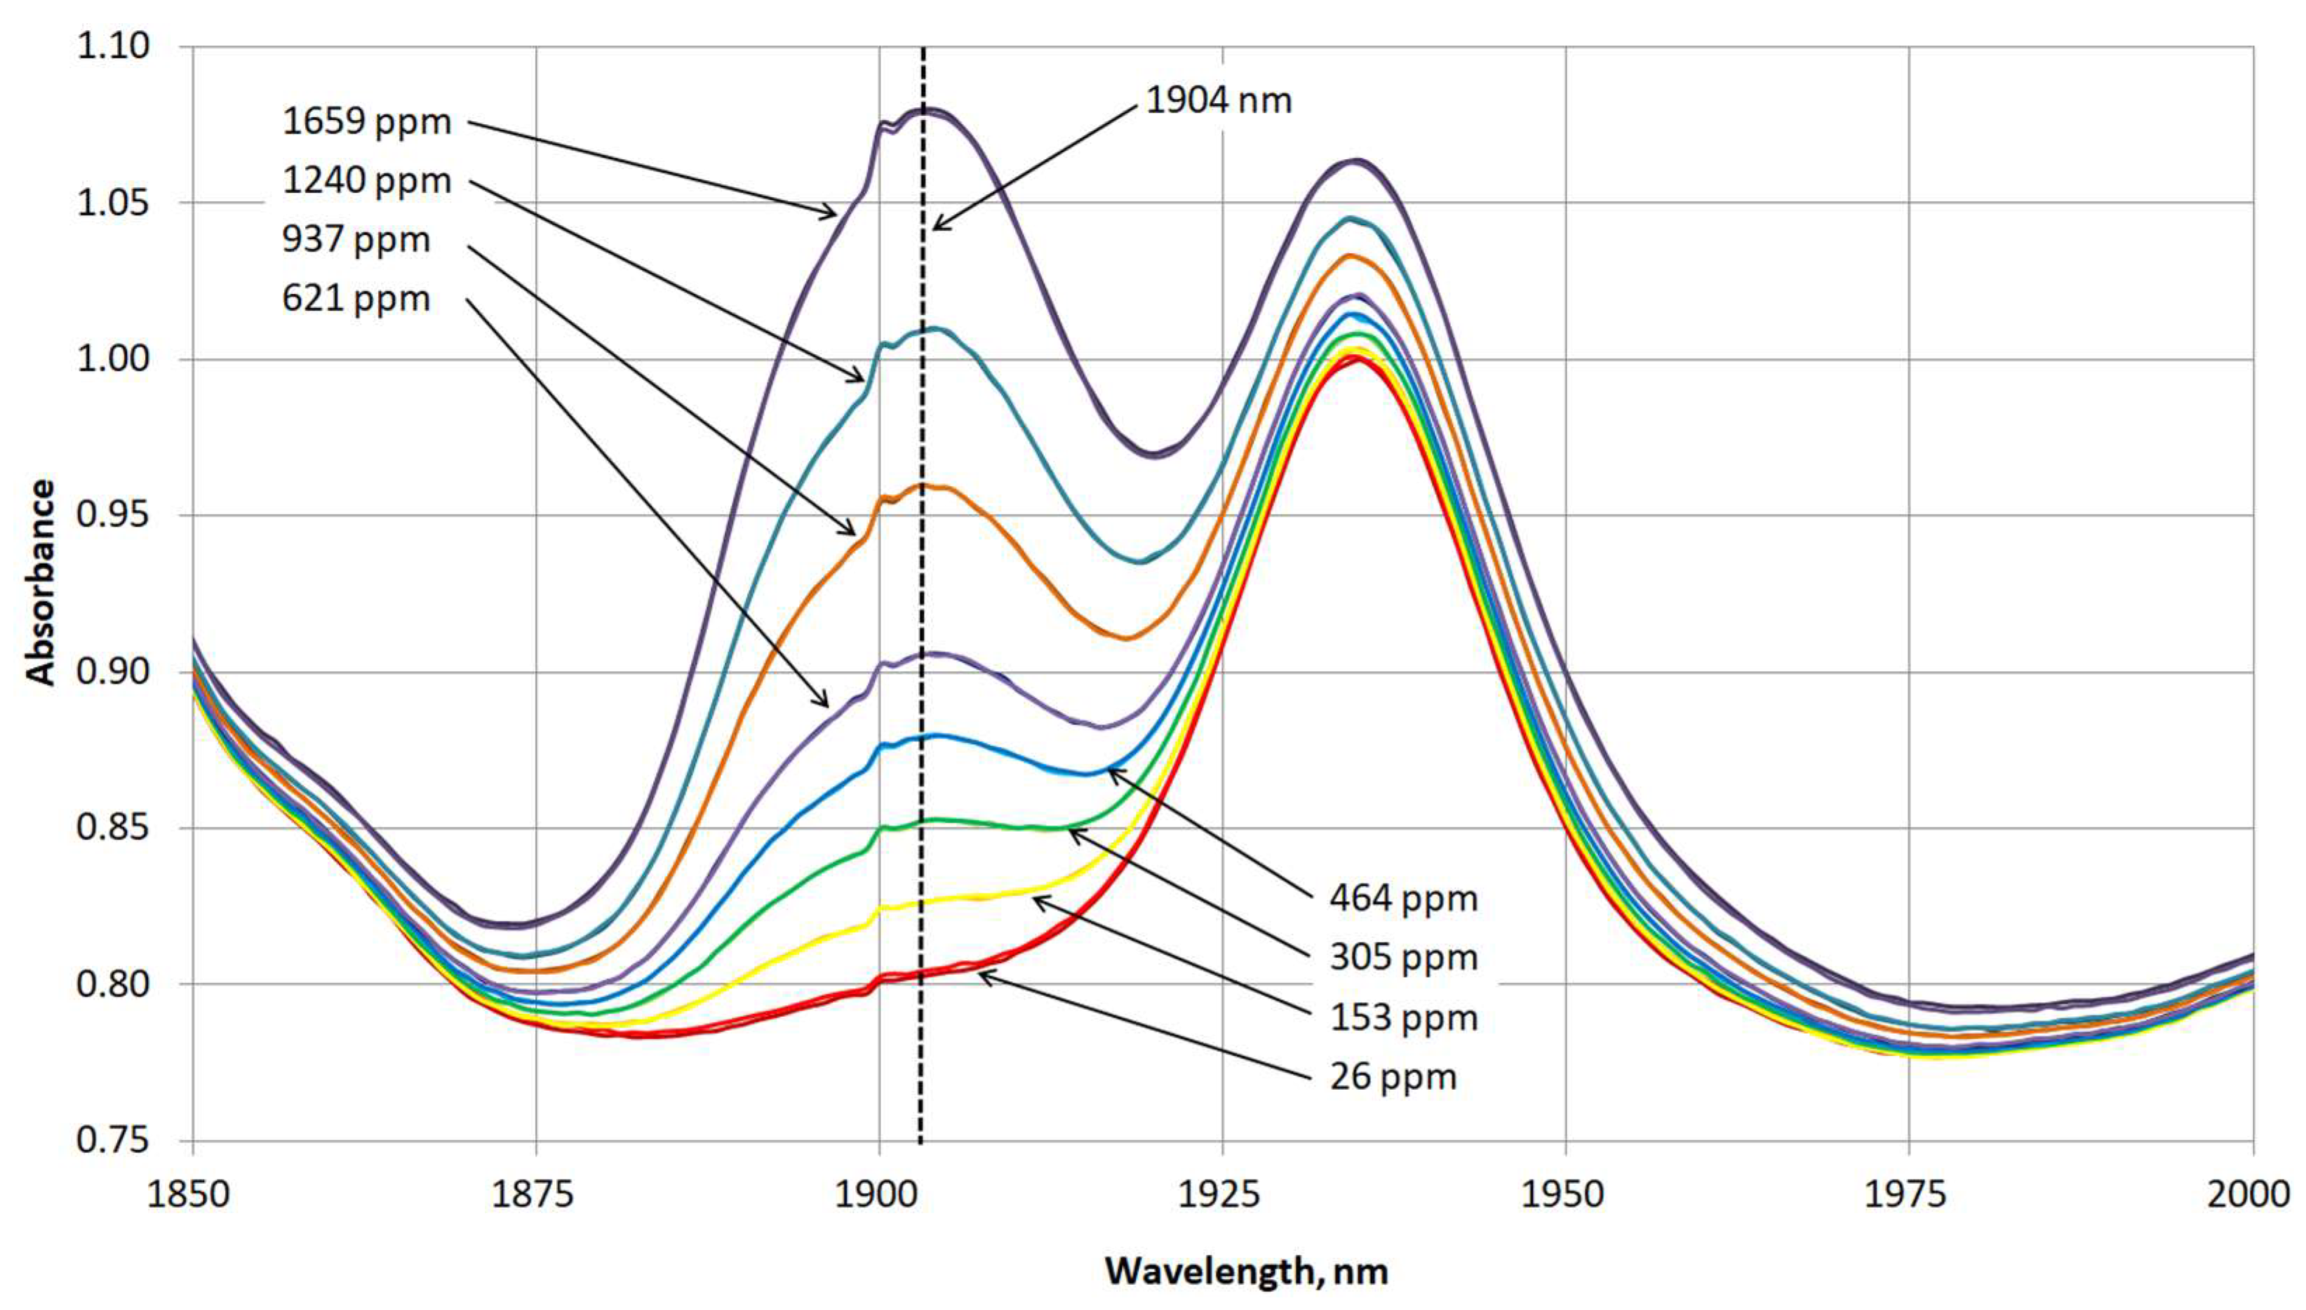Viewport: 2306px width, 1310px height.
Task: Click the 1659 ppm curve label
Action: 366,121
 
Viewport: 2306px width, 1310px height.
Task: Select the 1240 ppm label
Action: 366,181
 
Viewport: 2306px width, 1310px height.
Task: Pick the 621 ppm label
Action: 356,299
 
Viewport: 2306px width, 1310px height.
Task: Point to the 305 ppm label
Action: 1404,958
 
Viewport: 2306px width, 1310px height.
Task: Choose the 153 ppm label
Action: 1404,1018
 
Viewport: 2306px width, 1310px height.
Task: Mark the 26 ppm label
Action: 1393,1078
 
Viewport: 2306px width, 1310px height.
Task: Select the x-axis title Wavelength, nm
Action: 1247,1271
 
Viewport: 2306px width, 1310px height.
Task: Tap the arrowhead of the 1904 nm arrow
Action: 934,228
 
